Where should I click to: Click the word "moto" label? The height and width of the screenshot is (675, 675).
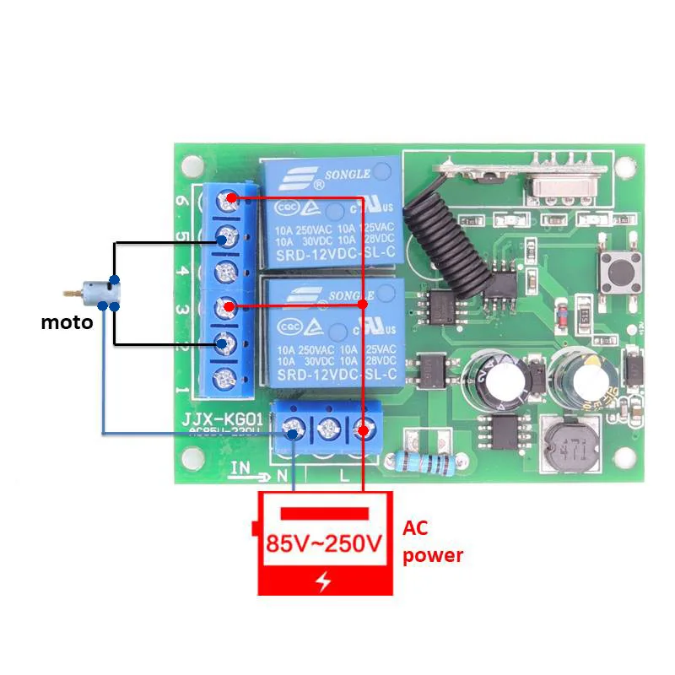pyautogui.click(x=67, y=322)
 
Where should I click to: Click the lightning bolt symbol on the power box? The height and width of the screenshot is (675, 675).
pyautogui.click(x=325, y=580)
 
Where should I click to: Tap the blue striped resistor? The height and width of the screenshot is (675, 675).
pyautogui.click(x=419, y=461)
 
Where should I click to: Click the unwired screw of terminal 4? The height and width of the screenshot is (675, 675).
pyautogui.click(x=224, y=272)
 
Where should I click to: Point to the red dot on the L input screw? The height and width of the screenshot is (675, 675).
pyautogui.click(x=363, y=431)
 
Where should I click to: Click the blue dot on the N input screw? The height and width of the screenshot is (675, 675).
pyautogui.click(x=293, y=434)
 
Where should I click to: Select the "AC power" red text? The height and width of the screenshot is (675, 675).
pyautogui.click(x=432, y=542)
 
